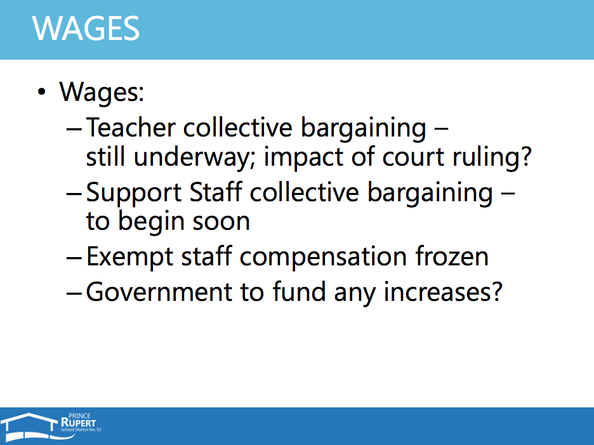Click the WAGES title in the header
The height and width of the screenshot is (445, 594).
tap(86, 29)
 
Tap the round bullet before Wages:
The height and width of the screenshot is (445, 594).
tap(42, 92)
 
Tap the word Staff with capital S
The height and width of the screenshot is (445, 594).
tap(216, 192)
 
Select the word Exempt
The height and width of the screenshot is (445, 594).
tap(130, 257)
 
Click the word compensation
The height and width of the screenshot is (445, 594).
tap(323, 257)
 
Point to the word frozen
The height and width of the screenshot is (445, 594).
tap(452, 256)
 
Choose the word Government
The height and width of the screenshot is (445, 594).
tap(159, 292)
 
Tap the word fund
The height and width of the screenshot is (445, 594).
tap(300, 291)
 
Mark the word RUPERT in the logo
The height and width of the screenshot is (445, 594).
tap(79, 422)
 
